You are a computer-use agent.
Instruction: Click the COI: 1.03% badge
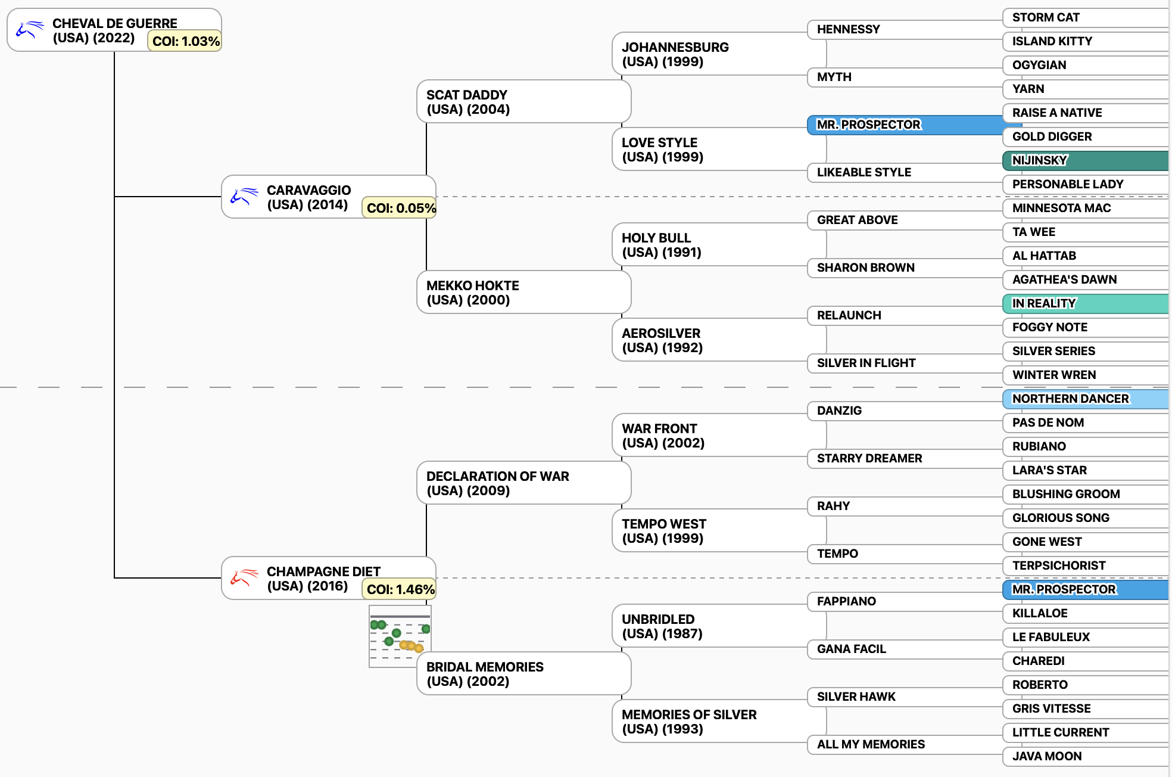185,41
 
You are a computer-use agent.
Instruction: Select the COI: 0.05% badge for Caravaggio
400,208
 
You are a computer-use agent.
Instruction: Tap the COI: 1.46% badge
400,589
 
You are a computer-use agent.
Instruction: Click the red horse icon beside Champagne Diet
244,577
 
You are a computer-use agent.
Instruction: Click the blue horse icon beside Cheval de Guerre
30,29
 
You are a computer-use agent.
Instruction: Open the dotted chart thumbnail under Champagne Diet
400,635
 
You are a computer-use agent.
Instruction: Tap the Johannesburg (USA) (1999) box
709,54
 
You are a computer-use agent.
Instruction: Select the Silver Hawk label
856,697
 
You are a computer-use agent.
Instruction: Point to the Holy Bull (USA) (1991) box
709,245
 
